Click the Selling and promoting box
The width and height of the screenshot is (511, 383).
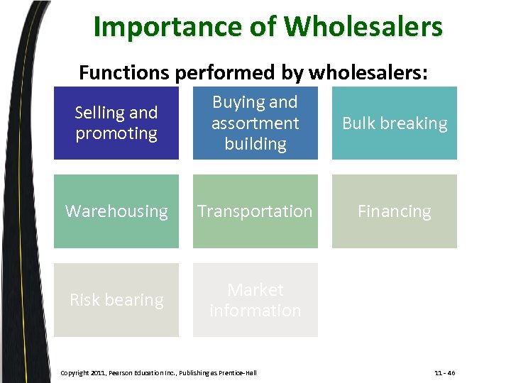point(116,123)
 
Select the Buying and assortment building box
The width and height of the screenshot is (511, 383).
point(255,123)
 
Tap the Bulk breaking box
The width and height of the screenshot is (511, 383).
point(395,123)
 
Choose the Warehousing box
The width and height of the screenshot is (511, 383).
point(116,211)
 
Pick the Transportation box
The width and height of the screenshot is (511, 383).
point(255,211)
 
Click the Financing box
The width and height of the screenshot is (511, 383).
point(395,211)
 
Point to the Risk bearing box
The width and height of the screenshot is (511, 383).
point(116,300)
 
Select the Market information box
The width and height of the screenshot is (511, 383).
point(255,300)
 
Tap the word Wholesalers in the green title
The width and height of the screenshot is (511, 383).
point(363,28)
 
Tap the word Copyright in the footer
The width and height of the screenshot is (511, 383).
point(75,372)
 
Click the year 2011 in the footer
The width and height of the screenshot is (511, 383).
point(99,372)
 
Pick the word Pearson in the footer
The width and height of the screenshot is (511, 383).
point(123,372)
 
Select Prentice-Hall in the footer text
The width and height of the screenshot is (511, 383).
point(236,372)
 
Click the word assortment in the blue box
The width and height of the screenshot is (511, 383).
point(255,123)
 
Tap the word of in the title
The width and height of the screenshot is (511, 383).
point(265,28)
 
